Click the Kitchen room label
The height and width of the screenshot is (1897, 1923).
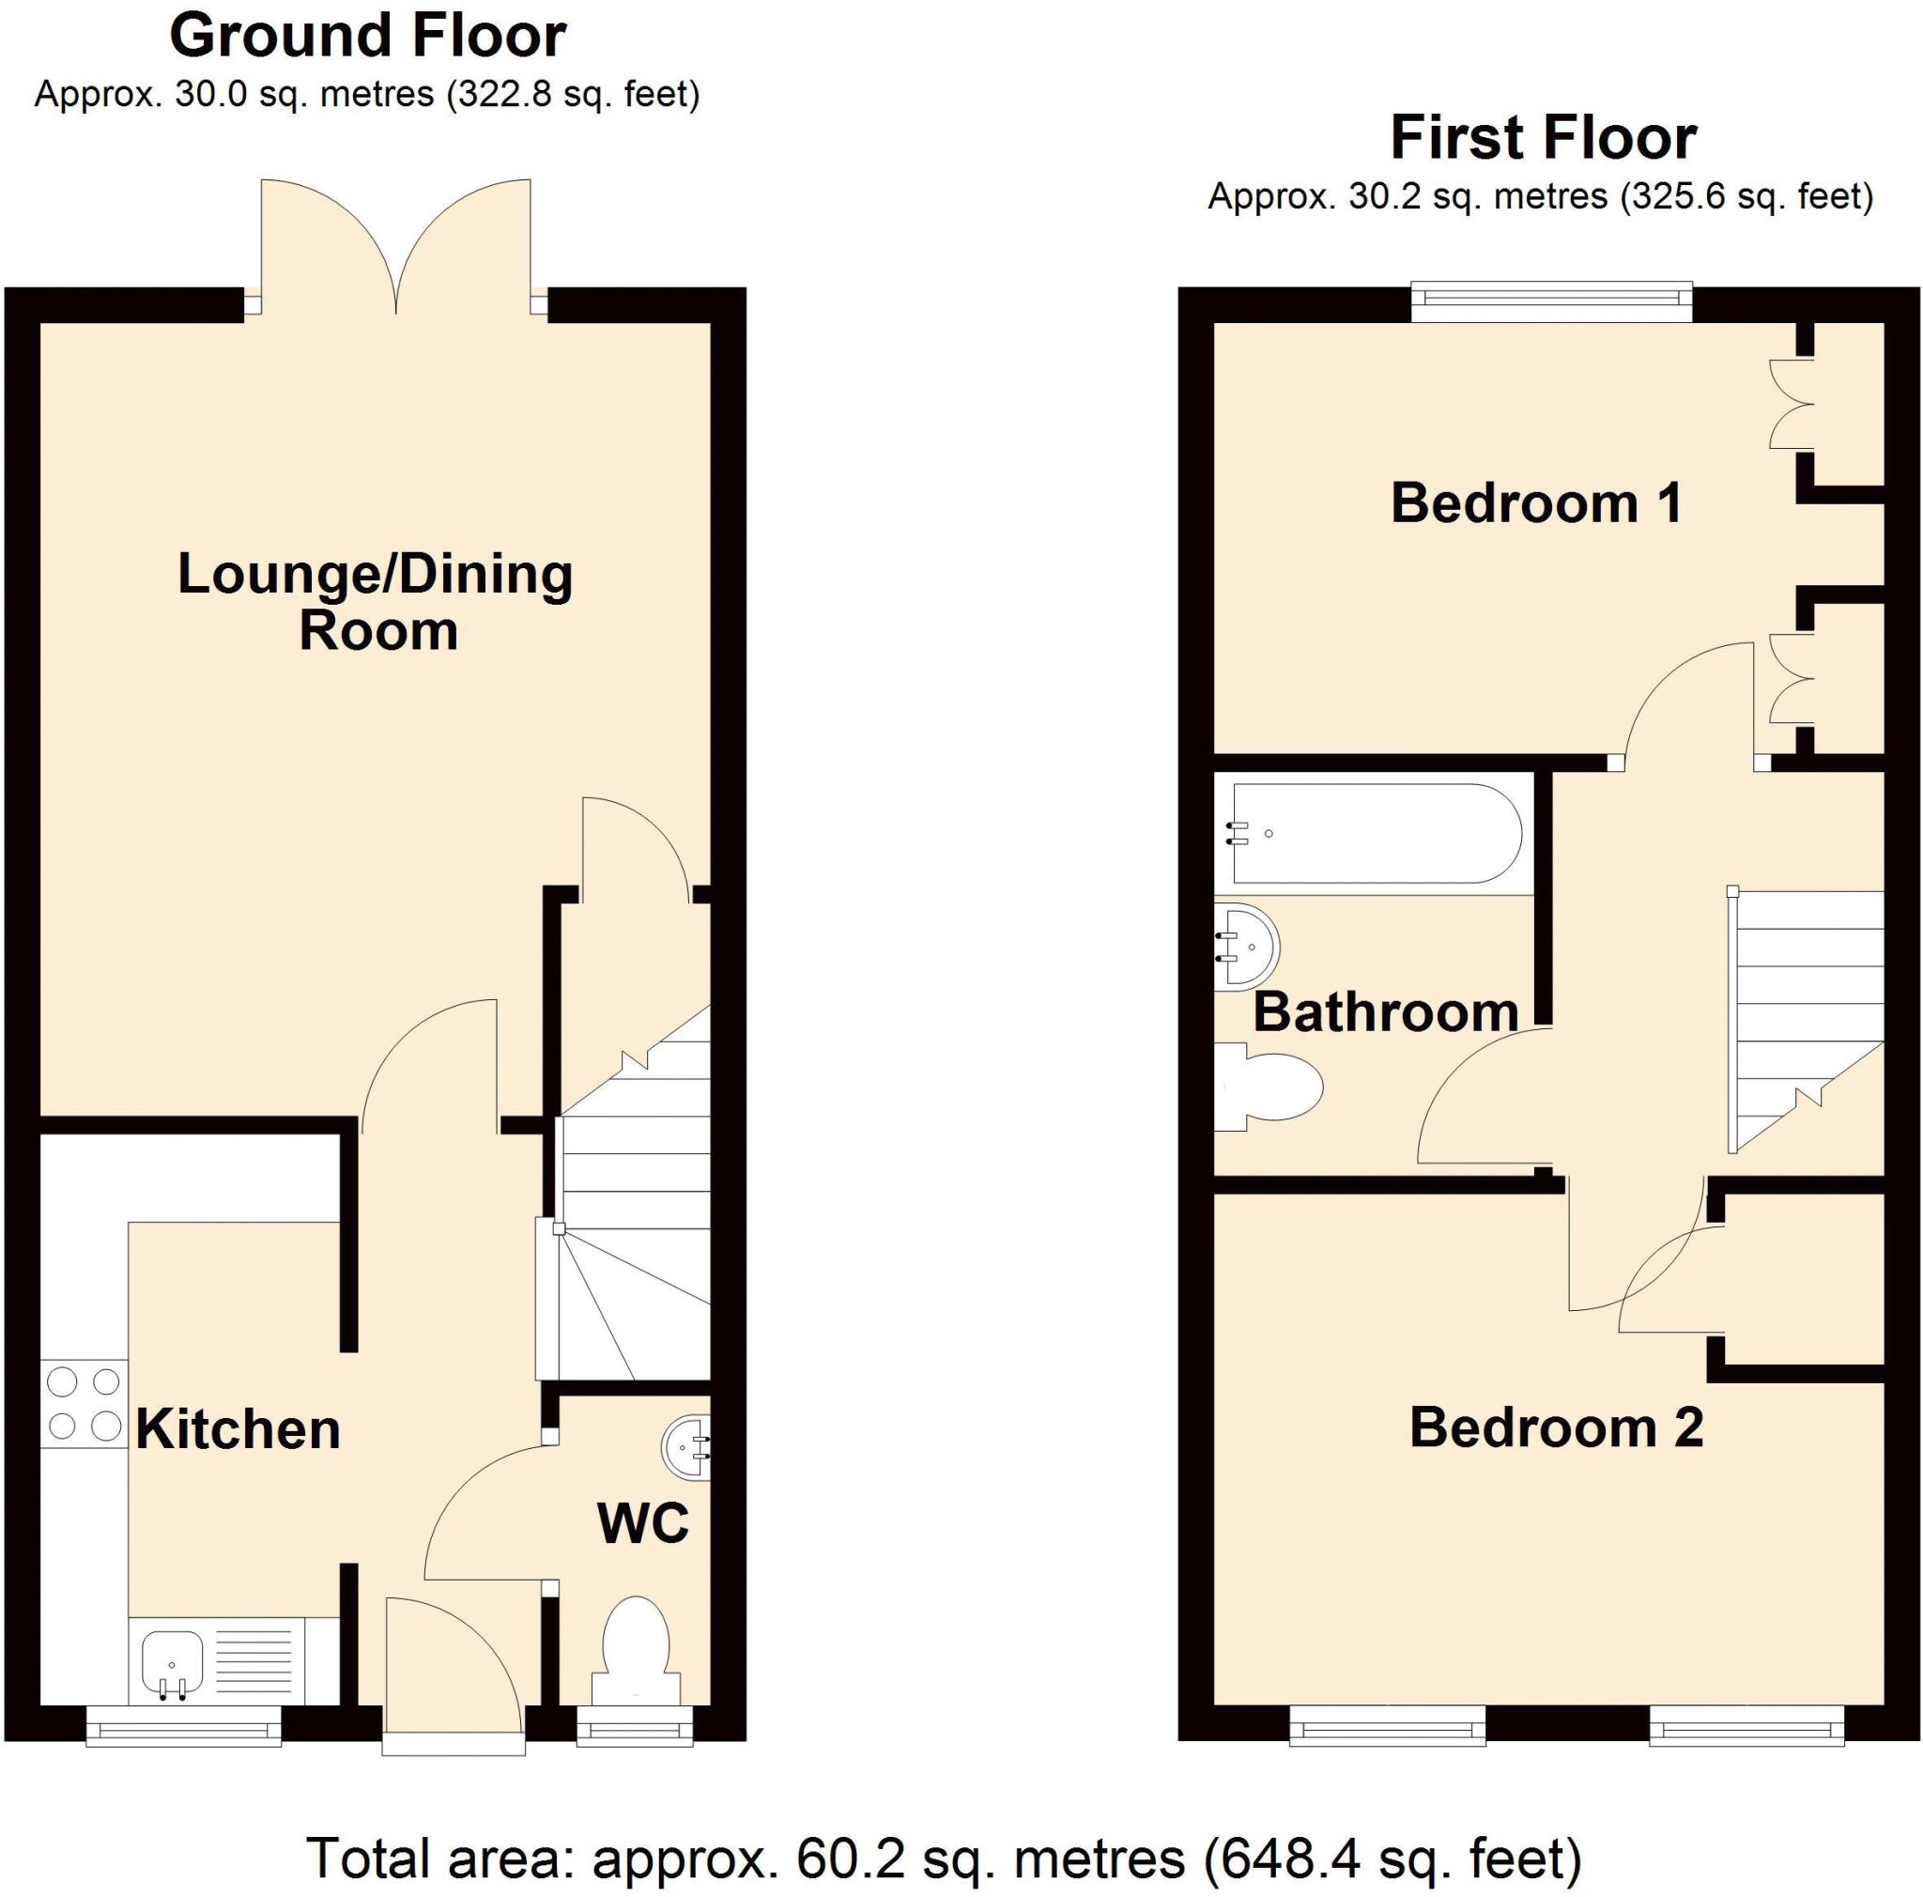point(238,1430)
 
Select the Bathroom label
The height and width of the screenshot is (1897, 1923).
point(1385,1012)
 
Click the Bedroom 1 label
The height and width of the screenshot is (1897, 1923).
point(1535,502)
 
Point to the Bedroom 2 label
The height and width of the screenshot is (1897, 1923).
point(1556,1427)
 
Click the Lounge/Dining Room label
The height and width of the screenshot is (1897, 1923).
point(376,601)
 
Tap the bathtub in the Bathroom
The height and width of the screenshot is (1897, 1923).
point(1376,834)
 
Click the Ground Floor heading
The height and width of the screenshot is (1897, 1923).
point(367,36)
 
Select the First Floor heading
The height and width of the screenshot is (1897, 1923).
point(1542,137)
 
